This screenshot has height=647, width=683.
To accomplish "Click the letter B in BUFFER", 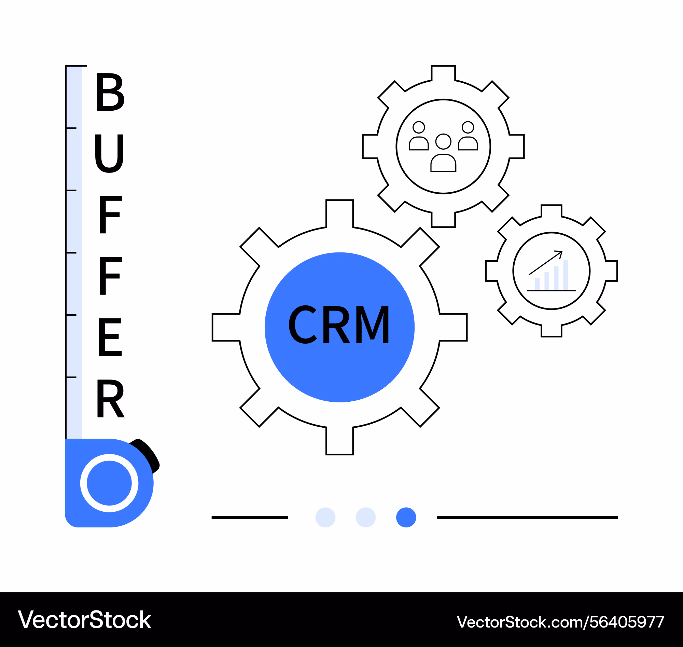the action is click(x=110, y=92).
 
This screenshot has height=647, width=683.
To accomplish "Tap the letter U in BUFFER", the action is click(x=109, y=153).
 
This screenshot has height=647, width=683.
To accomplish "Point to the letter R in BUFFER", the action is click(x=110, y=399).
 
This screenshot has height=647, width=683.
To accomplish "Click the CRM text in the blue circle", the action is click(x=339, y=325).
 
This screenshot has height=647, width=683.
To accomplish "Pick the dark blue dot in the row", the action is click(x=406, y=517).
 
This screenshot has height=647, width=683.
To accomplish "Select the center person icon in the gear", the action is click(x=443, y=152).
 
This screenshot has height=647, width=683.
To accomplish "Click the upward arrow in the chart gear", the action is click(x=546, y=263).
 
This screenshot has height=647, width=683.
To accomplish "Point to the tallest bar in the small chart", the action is click(x=566, y=275).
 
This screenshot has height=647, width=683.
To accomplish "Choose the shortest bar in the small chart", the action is click(x=537, y=284).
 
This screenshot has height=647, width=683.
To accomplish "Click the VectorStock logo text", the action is click(x=85, y=620).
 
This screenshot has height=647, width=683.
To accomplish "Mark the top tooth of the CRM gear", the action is click(x=339, y=214).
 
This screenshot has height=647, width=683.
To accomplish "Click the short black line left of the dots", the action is click(x=250, y=517).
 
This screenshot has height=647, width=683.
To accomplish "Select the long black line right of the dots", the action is click(x=528, y=517).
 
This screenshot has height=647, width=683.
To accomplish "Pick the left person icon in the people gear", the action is click(x=419, y=136).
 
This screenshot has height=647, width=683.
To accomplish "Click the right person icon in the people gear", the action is click(x=468, y=136).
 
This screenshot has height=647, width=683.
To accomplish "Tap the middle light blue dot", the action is click(x=366, y=517).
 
